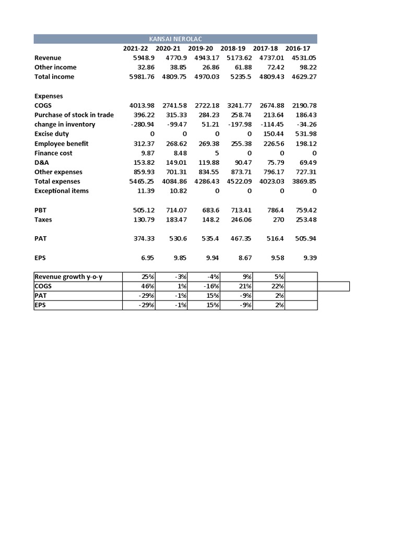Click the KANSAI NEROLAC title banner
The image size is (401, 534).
click(175, 39)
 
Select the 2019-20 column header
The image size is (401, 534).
click(201, 48)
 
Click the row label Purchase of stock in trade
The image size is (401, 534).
click(74, 115)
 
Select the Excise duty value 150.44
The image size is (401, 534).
click(274, 134)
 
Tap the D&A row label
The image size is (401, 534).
click(42, 162)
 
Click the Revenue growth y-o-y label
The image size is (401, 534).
click(68, 276)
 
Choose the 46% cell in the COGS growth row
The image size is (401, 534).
click(148, 286)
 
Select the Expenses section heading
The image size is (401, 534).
click(49, 96)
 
